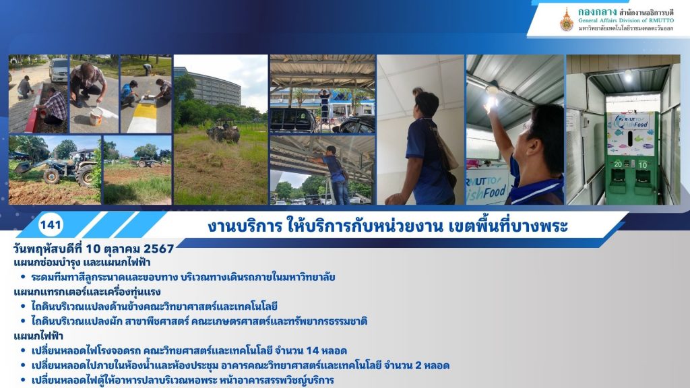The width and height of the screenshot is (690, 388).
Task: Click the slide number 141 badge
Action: point(51,225)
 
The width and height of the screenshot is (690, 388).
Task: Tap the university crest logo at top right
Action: point(566,20)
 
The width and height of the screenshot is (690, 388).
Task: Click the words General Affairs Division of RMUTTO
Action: point(626,21)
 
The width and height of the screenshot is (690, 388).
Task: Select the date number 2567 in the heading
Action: point(159,249)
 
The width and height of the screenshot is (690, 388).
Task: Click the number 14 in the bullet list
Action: point(313,350)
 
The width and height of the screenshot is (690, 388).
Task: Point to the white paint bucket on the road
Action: point(96,117)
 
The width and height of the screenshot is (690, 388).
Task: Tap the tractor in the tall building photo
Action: point(224,130)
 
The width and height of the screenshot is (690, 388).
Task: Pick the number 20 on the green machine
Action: point(619,164)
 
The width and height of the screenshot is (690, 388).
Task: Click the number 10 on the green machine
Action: point(643,165)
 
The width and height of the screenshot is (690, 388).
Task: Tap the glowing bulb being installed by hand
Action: point(491,102)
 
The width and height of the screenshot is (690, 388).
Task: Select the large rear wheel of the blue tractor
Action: point(85,173)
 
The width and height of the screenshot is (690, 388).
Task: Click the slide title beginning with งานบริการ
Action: point(387,226)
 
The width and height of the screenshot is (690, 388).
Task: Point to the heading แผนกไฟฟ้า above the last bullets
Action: point(38,336)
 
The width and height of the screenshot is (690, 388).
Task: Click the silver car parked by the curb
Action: point(59,70)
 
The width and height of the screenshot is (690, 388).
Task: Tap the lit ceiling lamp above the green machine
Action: point(628,77)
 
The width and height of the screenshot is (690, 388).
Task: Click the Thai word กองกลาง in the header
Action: point(597,11)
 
